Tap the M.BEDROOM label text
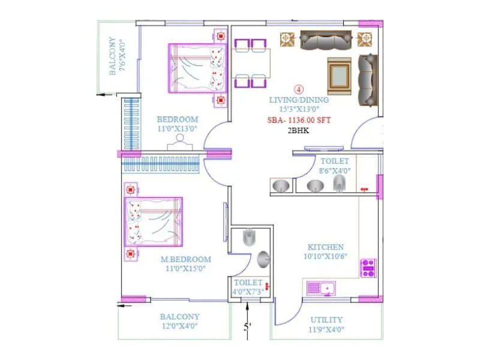tap(185, 259)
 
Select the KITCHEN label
tap(326, 247)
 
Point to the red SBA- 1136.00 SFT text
tap(299, 120)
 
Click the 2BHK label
tap(298, 130)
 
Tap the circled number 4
tap(299, 87)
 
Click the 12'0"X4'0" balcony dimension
tap(179, 326)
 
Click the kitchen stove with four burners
tap(368, 268)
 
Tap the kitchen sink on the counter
tap(321, 289)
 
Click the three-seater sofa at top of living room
tap(325, 40)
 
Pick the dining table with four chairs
tap(251, 62)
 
